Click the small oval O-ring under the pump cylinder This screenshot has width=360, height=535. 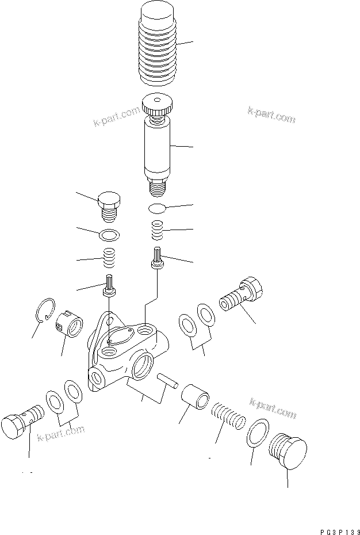pos(157,207)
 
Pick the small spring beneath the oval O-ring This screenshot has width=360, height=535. pos(157,231)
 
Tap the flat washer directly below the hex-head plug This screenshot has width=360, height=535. pos(109,235)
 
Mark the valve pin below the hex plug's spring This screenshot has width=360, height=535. pos(109,286)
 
